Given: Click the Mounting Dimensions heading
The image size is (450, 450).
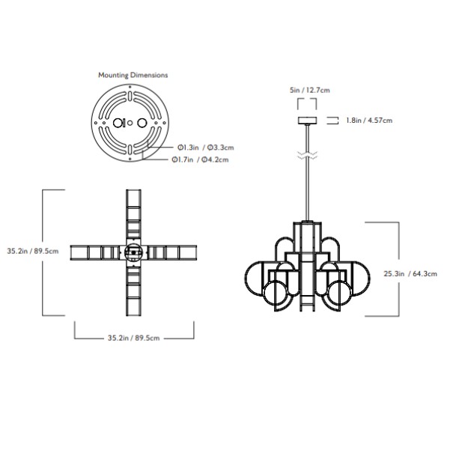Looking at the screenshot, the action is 133,75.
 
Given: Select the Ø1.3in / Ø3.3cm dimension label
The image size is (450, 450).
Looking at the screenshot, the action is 205,148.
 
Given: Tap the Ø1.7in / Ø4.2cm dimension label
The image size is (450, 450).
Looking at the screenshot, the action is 201,159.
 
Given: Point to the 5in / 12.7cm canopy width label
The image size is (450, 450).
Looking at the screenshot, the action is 310,90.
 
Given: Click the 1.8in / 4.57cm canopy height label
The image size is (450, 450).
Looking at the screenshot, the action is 369,121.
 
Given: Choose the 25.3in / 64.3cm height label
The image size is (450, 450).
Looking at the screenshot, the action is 410,274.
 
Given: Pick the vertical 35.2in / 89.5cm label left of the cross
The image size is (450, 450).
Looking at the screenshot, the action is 33,251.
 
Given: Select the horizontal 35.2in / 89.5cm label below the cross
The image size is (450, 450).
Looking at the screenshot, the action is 133,338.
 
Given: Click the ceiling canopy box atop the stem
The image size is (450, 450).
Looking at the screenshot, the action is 308,121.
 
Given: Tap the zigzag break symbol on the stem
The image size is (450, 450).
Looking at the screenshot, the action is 308,155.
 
